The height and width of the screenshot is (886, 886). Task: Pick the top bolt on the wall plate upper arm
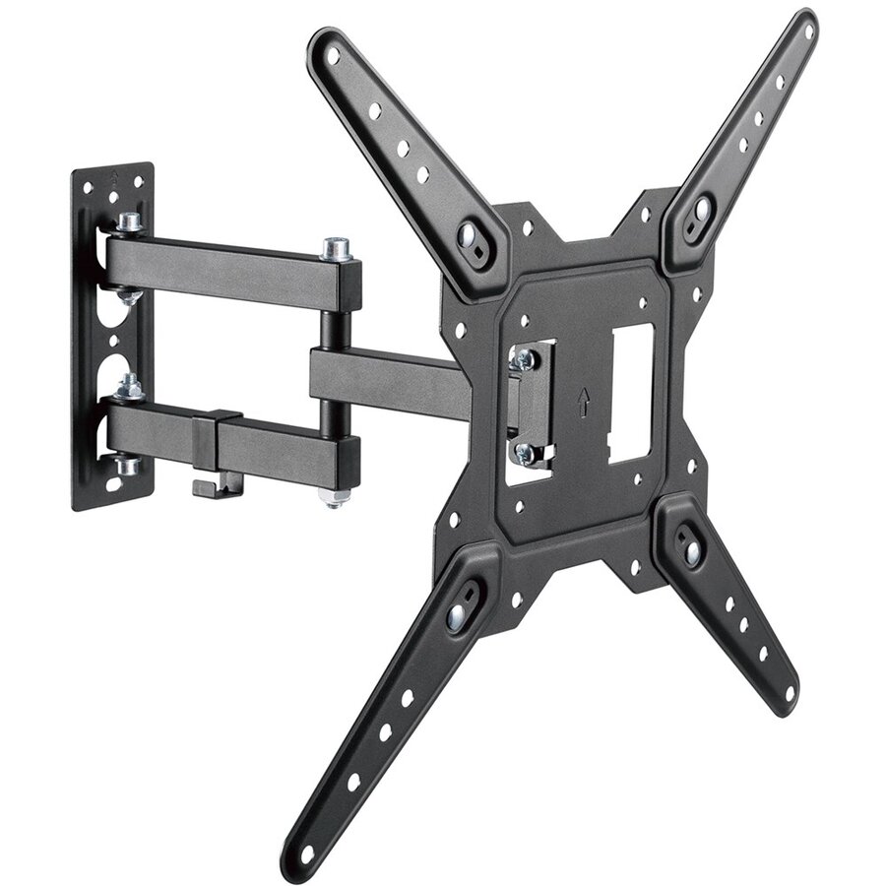128,225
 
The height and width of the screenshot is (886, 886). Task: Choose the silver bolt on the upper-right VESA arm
703,209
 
